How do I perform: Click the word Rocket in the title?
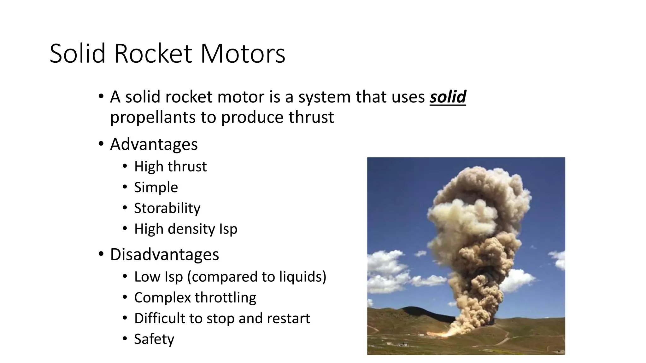tap(153, 54)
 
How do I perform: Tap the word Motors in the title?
tap(243, 54)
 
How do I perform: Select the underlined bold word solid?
tap(448, 97)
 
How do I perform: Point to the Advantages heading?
tap(154, 144)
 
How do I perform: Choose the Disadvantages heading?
tap(164, 254)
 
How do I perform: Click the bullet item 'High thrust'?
tap(170, 166)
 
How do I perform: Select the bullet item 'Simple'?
tap(156, 187)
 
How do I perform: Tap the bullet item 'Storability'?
tap(167, 208)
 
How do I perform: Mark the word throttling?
tap(226, 297)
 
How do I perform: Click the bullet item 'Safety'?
tap(154, 339)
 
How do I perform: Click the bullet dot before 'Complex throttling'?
tap(125, 297)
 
